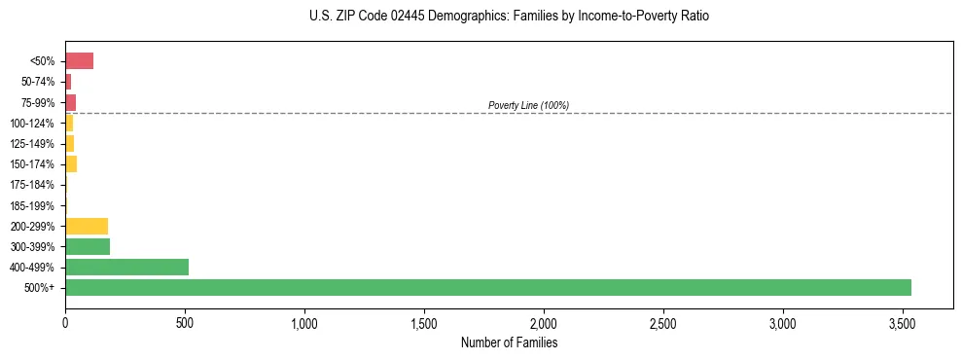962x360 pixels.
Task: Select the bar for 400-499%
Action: [x=126, y=267]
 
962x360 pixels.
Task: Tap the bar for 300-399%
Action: [x=88, y=246]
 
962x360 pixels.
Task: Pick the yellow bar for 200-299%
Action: [x=87, y=226]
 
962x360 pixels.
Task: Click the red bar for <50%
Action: [x=79, y=61]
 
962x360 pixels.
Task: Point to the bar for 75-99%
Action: [x=70, y=102]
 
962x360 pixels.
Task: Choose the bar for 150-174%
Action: [x=71, y=164]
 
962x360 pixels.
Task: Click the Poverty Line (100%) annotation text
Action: [x=528, y=105]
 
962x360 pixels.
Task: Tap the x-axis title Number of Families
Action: [x=509, y=342]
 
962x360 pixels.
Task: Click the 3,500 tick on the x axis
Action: [x=903, y=322]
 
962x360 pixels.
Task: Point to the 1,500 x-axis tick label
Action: [x=424, y=322]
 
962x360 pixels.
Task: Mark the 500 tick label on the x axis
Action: [x=185, y=322]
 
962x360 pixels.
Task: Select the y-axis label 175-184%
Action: [x=32, y=185]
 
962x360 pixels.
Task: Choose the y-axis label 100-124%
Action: [x=32, y=124]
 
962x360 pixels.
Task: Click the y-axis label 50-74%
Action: [x=38, y=82]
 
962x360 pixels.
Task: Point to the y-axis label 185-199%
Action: [x=32, y=205]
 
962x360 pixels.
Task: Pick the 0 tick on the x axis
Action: [x=65, y=322]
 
